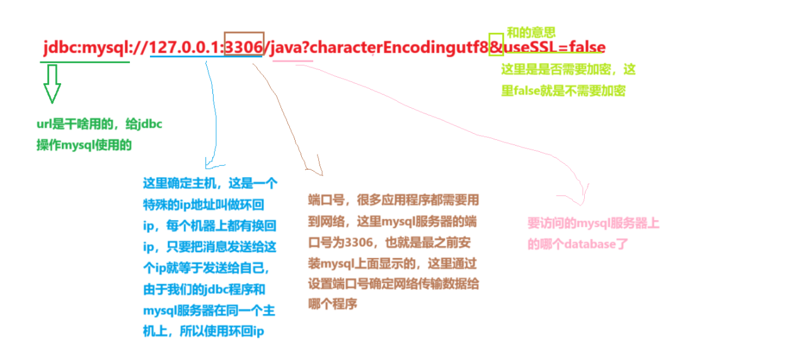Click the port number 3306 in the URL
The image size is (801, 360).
click(x=244, y=47)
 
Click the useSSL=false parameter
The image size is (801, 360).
click(x=554, y=47)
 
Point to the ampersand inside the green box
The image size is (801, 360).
click(x=496, y=47)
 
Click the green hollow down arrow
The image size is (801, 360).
click(x=52, y=84)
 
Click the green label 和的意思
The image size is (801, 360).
click(x=531, y=32)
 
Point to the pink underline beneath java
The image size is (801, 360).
click(x=292, y=61)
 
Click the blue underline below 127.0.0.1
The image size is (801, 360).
click(x=205, y=56)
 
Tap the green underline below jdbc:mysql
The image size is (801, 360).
click(x=86, y=61)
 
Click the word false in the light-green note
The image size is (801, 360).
click(x=527, y=91)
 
